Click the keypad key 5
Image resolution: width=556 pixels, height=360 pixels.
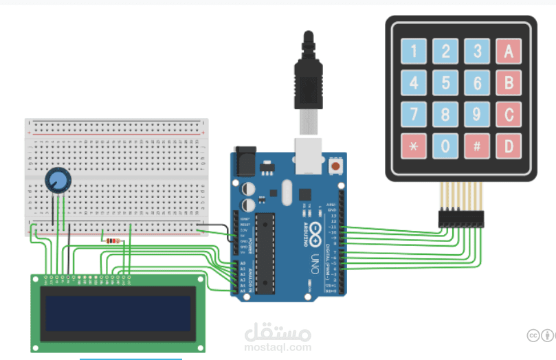[445, 83]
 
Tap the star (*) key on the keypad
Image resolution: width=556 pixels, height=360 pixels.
[414, 146]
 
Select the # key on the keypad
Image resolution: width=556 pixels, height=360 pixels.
[477, 146]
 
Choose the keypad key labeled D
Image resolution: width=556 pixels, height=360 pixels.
[509, 146]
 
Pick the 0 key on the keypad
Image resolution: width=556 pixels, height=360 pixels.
[445, 146]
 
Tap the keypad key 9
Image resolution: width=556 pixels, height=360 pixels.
[477, 115]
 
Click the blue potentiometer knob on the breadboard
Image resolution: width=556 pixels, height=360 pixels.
[58, 181]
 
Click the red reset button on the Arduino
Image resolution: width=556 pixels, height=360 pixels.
[335, 166]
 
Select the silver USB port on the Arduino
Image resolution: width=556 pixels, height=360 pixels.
[308, 155]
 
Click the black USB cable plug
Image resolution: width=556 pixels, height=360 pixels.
[307, 76]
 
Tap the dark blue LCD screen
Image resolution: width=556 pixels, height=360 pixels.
[118, 313]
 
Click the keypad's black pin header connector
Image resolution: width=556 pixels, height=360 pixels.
[461, 218]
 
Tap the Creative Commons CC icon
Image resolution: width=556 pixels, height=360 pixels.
[533, 335]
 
